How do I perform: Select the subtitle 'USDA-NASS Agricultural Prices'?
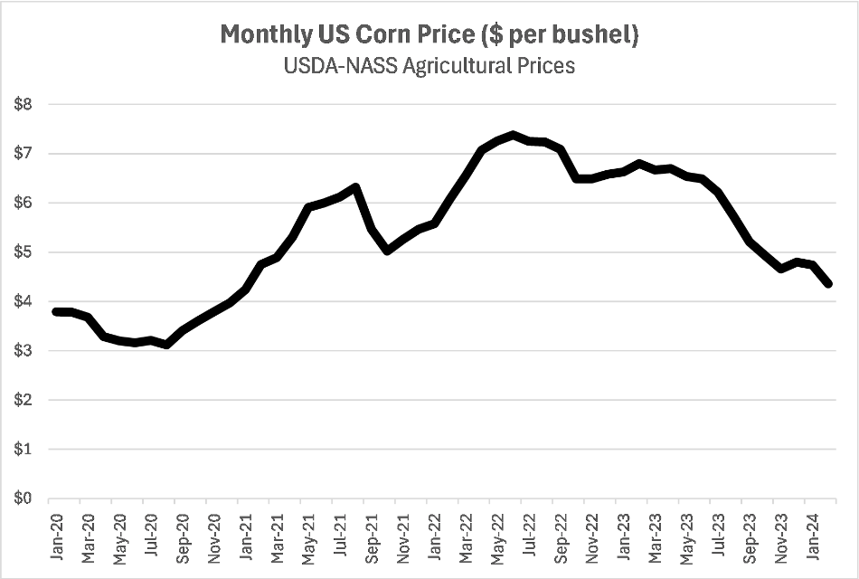coord(429,67)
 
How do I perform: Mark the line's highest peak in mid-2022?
coord(513,135)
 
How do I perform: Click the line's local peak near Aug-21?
coord(356,187)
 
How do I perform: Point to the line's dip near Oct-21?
coord(388,250)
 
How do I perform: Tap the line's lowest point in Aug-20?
coord(167,345)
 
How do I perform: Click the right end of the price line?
coord(829,284)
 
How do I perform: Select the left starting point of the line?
coord(54,311)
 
